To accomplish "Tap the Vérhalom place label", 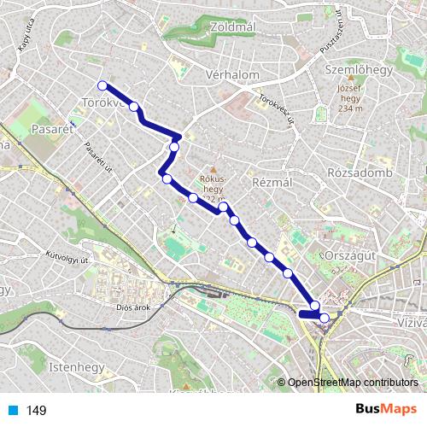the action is pos(232,75).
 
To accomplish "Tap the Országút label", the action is pos(351,255).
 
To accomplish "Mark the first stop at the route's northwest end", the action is pos(102,85).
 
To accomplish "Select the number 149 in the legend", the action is pos(37,411).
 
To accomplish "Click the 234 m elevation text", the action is pos(350,108).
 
